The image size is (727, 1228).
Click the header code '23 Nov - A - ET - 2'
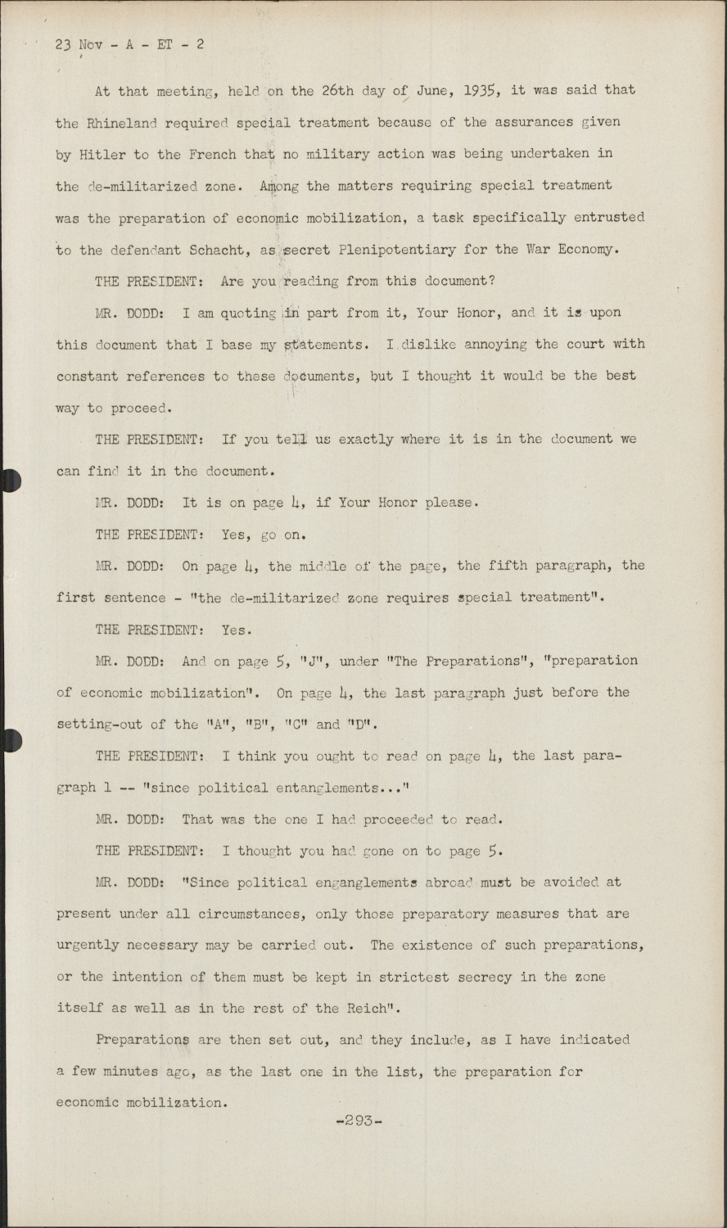pyautogui.click(x=129, y=44)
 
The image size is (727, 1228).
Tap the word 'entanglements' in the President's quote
pyautogui.click(x=332, y=788)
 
